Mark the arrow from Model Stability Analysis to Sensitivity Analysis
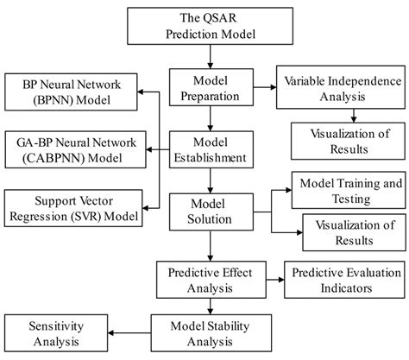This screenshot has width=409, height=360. (127, 334)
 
